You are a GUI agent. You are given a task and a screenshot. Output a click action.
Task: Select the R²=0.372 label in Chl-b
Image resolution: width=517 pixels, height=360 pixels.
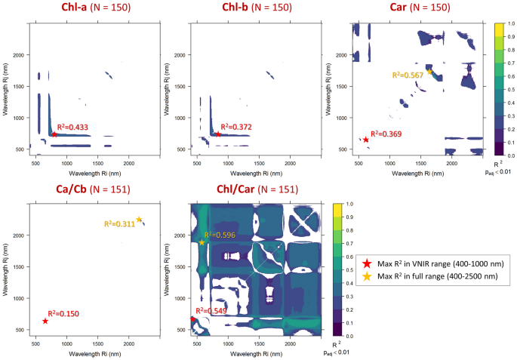pos(235,127)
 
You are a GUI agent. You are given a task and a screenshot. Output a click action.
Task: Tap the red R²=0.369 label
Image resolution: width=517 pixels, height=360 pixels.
pos(386,134)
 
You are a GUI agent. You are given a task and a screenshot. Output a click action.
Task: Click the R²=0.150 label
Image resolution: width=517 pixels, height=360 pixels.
pos(64,313)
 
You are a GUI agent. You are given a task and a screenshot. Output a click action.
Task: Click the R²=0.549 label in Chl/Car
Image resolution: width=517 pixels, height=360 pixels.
pos(211,310)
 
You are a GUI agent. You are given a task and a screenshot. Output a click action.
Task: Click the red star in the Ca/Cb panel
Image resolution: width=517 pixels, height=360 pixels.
pos(45,321)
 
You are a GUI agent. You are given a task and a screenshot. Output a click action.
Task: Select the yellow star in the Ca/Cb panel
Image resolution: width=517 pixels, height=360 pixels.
pos(139,220)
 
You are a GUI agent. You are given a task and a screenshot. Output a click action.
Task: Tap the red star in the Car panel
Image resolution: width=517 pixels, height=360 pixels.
pos(365,140)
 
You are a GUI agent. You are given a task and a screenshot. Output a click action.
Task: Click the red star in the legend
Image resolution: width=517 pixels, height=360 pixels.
pos(366,263)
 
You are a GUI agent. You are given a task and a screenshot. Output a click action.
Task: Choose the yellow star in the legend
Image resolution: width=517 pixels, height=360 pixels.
pos(366,277)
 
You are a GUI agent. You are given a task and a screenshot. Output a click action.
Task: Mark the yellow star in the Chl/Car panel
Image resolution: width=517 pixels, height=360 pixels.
pos(202,242)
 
